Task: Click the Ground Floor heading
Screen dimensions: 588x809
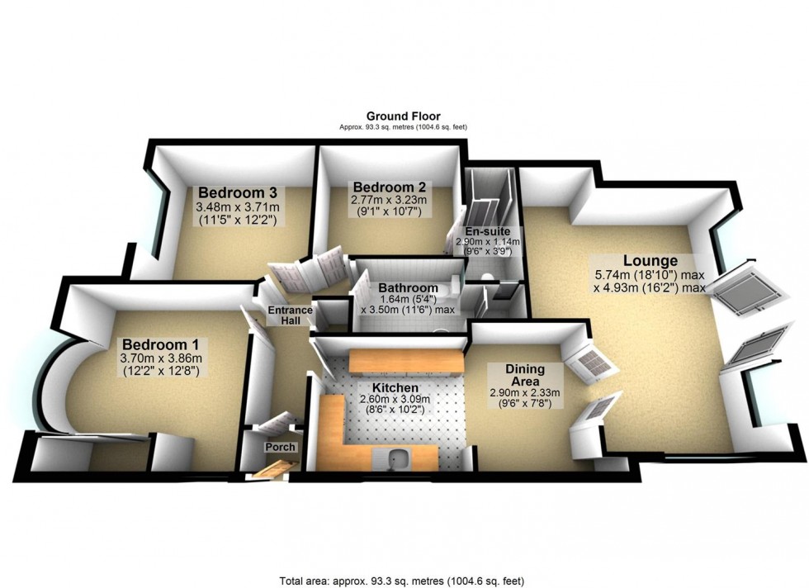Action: coord(404,116)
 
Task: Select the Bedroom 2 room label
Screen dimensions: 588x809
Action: coord(382,186)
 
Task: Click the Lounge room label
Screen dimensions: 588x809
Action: coord(650,260)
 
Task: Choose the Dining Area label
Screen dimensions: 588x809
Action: coord(523,376)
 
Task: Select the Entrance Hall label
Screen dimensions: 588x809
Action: coord(290,315)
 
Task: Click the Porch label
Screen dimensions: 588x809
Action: coord(280,447)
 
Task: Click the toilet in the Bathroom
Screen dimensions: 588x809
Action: coord(444,290)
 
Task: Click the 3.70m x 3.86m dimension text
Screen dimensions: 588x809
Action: coord(162,358)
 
